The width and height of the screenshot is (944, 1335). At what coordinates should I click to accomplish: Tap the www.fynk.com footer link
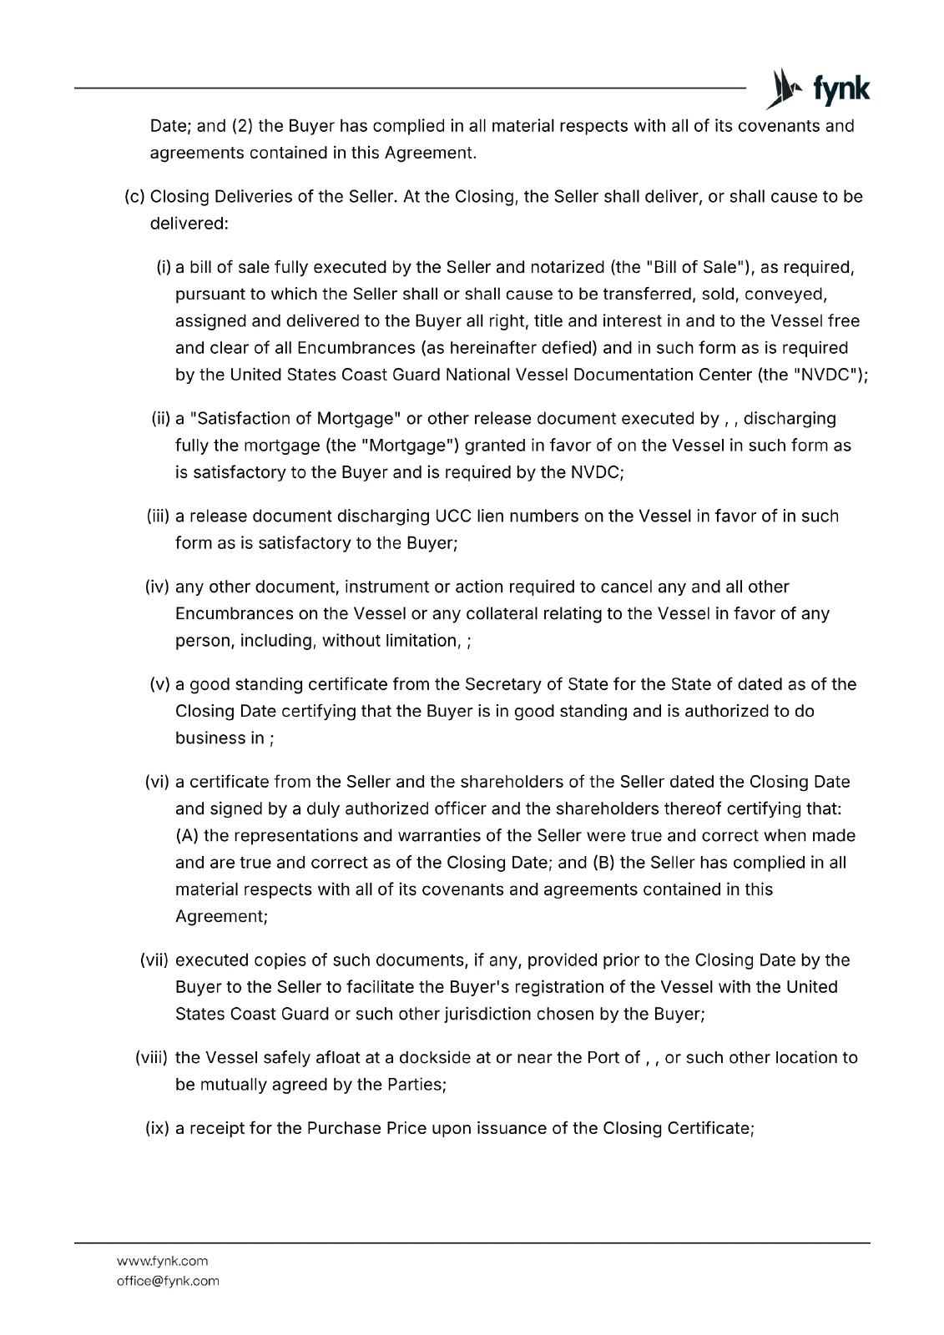click(x=163, y=1261)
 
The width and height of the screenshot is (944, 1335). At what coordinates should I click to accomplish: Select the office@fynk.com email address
click(x=168, y=1281)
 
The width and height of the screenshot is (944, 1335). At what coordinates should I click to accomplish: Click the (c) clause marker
click(x=134, y=197)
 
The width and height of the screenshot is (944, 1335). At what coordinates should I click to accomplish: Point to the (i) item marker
click(x=164, y=268)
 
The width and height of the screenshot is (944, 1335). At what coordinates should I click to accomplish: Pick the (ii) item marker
click(x=160, y=419)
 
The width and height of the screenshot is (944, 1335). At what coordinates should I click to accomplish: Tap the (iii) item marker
click(x=158, y=516)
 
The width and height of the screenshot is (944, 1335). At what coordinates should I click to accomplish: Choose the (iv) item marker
click(x=158, y=587)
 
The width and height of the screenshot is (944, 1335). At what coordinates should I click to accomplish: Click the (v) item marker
click(x=160, y=685)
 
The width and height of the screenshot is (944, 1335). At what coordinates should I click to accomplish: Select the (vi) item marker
click(x=158, y=783)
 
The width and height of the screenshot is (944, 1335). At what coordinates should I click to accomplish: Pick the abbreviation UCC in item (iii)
click(x=453, y=516)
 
